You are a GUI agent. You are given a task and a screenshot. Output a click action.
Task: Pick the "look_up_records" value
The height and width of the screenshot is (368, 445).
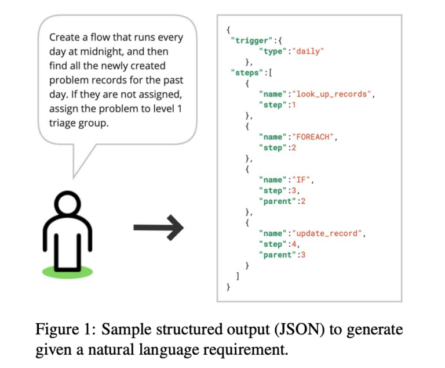331,94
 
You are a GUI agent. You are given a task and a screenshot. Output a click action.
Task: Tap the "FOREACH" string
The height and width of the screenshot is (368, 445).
315,137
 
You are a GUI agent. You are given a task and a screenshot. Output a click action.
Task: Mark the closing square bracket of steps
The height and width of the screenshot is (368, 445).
236,276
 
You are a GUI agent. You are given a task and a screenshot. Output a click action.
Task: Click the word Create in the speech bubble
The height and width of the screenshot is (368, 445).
65,38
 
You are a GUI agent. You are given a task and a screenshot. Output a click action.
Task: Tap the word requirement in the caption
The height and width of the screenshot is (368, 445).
246,350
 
